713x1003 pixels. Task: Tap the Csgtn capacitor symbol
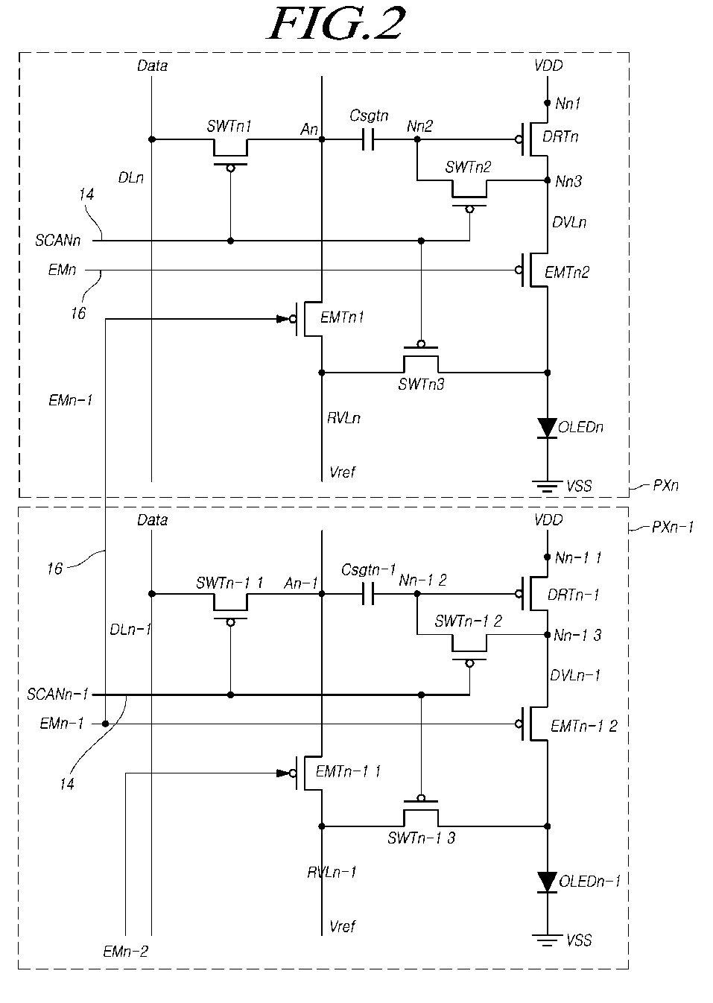[367, 139]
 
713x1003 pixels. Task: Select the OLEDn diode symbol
[547, 428]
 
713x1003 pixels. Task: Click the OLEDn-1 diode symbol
[547, 882]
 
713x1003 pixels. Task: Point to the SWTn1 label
[229, 126]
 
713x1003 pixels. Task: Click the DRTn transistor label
[560, 136]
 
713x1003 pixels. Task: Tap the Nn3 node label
[568, 181]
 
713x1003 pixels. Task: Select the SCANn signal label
[57, 241]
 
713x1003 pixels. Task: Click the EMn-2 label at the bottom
[125, 951]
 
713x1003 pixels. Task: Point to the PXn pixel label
[665, 485]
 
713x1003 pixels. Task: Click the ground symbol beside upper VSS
[547, 487]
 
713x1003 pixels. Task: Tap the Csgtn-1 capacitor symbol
[367, 594]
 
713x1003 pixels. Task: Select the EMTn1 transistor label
[342, 317]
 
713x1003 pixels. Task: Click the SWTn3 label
[421, 385]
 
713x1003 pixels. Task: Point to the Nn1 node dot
[547, 103]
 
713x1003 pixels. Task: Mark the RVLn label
[343, 418]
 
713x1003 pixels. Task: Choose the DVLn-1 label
[575, 675]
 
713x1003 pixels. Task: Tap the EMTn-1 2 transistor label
[584, 726]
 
